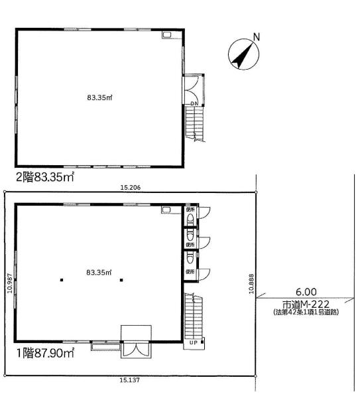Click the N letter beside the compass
click(257, 37)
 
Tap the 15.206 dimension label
click(130, 188)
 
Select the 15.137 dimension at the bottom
click(130, 380)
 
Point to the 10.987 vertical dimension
click(10, 283)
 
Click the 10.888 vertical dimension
click(251, 283)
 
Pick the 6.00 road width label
click(306, 292)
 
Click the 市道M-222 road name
click(306, 304)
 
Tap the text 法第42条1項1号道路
click(306, 312)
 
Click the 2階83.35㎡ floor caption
click(45, 177)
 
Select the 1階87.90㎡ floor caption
click(45, 353)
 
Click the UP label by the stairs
click(194, 343)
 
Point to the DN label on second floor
click(195, 103)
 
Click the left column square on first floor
click(62, 280)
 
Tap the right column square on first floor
click(121, 280)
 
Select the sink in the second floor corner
click(167, 34)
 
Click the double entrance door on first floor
click(136, 349)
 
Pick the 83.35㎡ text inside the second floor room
click(99, 98)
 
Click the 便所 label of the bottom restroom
click(190, 272)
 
